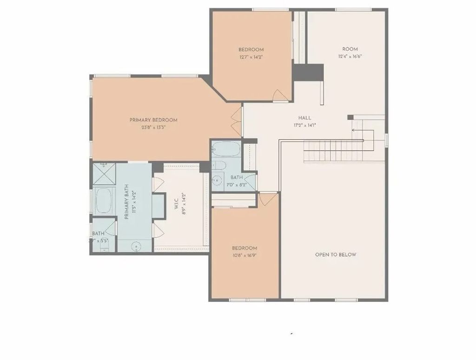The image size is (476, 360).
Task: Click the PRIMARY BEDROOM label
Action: [153, 120]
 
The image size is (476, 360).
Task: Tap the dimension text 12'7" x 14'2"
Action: [251, 57]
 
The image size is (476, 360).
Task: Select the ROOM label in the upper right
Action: [350, 49]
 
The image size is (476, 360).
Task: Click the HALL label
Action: [305, 118]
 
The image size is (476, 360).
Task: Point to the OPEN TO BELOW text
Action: [336, 255]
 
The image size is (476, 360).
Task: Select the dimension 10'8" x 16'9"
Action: [245, 255]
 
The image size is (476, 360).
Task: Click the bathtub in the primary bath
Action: [105, 202]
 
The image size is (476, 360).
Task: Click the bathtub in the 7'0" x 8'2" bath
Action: [226, 150]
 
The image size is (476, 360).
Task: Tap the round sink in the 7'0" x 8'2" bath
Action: [217, 181]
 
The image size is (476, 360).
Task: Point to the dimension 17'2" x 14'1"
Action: [305, 125]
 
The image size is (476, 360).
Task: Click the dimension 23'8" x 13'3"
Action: [153, 127]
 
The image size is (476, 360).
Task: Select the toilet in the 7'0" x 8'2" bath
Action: [218, 166]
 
